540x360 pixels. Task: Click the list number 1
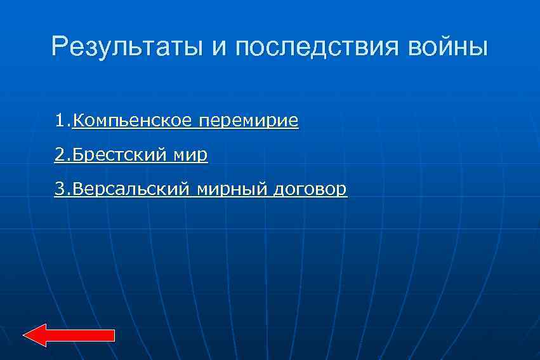coord(60,120)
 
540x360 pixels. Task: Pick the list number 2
coord(60,154)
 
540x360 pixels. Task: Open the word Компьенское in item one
coord(133,121)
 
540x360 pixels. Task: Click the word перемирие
coord(248,121)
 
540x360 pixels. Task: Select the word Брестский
coord(120,155)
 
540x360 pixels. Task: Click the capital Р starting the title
coord(59,48)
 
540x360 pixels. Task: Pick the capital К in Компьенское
coord(77,120)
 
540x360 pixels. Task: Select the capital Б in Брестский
coord(77,154)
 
